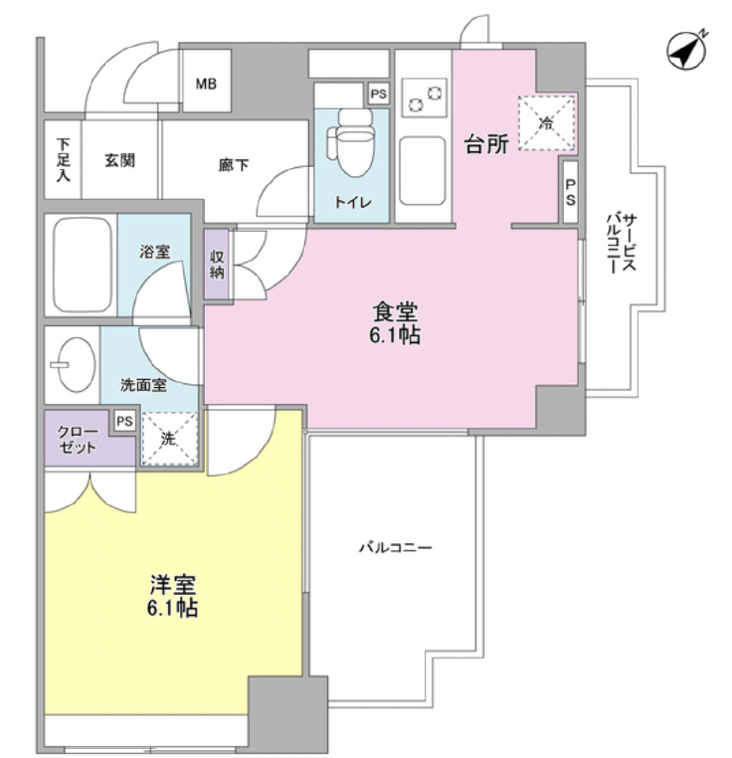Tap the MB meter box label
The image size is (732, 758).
(x=205, y=84)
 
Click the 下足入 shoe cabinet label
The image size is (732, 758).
(x=63, y=160)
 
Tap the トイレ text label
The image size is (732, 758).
(x=352, y=202)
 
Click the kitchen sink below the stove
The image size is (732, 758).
(x=424, y=169)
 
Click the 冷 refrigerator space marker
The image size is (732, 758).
(x=546, y=123)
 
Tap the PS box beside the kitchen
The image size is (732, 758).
(x=570, y=191)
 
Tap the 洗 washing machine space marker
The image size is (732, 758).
(x=169, y=439)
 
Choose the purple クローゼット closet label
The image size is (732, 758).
(x=77, y=439)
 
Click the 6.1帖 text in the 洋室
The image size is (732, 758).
(x=173, y=608)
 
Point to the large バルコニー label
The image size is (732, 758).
(x=395, y=547)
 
